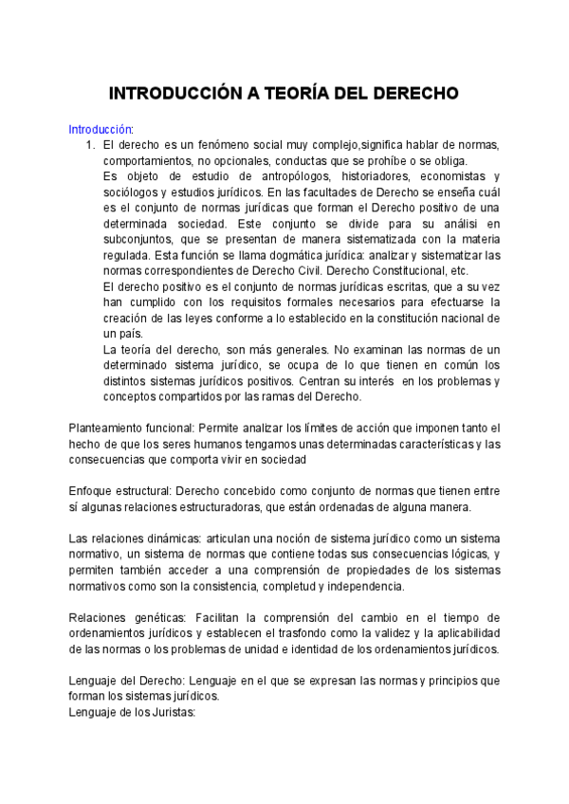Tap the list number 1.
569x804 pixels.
90,145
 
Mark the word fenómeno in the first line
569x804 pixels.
206,145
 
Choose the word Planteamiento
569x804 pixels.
108,428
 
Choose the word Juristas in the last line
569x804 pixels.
169,712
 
